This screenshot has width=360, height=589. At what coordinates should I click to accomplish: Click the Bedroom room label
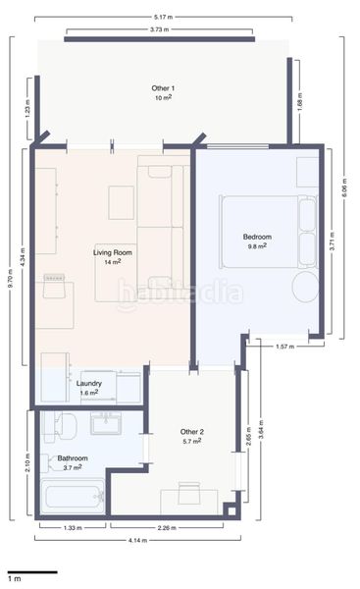point(257,237)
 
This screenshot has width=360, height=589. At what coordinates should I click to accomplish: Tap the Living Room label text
point(113,253)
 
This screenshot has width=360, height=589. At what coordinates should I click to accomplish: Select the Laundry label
point(89,384)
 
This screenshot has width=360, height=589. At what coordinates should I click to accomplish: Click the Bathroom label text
point(73,458)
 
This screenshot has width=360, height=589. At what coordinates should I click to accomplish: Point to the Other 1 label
point(163,88)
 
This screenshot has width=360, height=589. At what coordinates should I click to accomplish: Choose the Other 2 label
point(192,432)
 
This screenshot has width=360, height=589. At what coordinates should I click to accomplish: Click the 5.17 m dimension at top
point(164,17)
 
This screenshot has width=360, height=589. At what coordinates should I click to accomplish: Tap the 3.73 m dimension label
point(159,29)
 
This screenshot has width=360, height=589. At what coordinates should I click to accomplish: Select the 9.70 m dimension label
point(11,279)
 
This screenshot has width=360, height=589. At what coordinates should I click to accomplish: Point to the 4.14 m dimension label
point(137,540)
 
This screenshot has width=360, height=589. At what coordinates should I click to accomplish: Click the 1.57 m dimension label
point(284,347)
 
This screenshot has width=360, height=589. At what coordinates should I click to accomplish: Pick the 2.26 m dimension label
point(167,528)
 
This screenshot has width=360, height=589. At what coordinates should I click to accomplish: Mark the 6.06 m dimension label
point(344,188)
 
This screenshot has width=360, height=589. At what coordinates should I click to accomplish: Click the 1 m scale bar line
point(32,572)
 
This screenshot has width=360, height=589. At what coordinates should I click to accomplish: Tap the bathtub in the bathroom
point(73,497)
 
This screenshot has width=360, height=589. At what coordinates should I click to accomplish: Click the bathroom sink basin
point(106,424)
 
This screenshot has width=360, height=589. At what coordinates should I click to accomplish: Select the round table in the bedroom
point(306,287)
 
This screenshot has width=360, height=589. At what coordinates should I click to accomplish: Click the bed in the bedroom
point(269,232)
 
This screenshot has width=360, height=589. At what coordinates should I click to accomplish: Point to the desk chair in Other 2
point(189,493)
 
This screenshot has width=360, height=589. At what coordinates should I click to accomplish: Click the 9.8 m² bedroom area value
point(257,246)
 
